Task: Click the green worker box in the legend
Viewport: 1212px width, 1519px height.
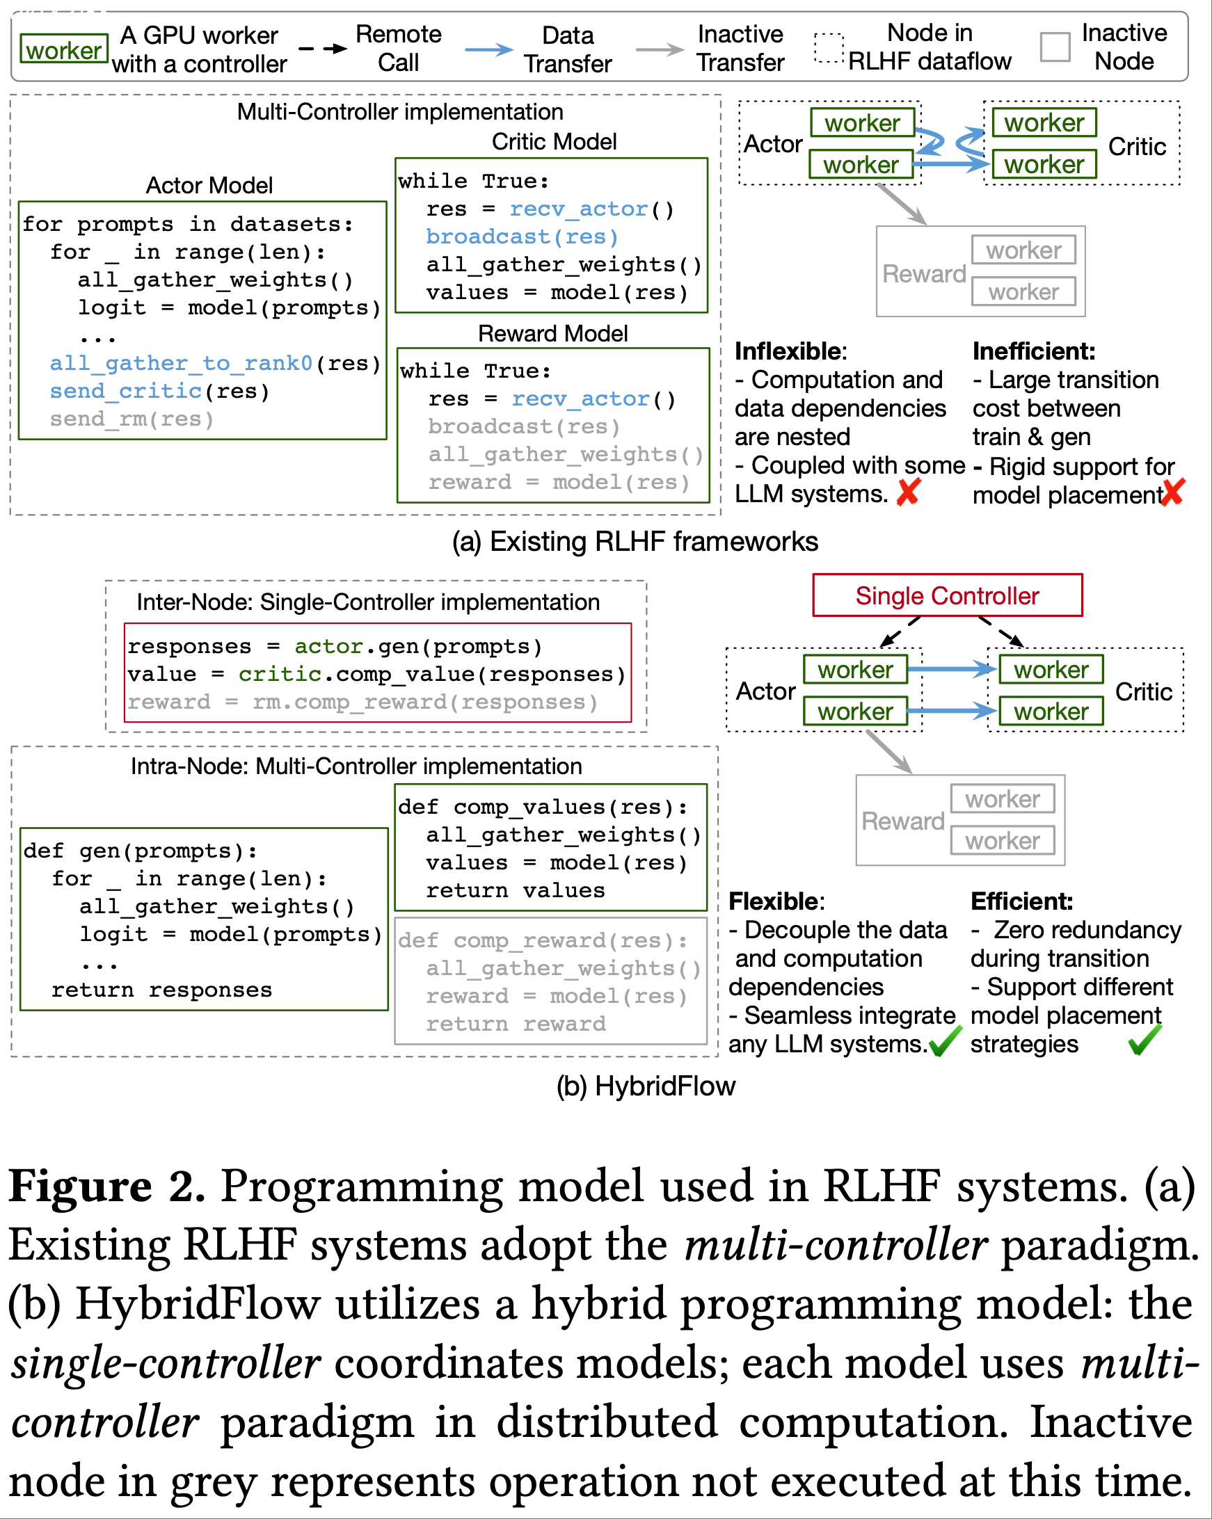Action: click(63, 49)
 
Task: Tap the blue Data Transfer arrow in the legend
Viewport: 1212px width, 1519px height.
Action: click(489, 49)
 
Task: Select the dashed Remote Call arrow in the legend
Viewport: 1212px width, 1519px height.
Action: click(323, 49)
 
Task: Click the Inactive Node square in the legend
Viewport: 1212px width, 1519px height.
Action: click(1055, 47)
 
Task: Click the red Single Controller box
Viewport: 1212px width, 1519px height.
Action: click(946, 595)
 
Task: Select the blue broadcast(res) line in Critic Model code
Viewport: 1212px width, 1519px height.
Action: click(521, 236)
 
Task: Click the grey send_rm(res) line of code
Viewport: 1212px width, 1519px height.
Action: click(131, 419)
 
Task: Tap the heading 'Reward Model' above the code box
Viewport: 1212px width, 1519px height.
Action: click(552, 333)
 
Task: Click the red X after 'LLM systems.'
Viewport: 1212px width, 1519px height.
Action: click(908, 492)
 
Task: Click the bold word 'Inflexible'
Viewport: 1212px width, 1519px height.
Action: click(789, 351)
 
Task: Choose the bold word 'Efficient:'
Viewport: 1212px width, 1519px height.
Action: click(1021, 901)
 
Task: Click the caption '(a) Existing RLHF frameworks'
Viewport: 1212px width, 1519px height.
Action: click(635, 541)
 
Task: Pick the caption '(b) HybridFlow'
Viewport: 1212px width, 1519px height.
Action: click(646, 1086)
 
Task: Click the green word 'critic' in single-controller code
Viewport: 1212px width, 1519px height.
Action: click(279, 674)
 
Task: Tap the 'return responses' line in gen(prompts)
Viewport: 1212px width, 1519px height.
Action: click(161, 990)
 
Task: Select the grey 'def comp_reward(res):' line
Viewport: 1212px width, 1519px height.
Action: click(543, 940)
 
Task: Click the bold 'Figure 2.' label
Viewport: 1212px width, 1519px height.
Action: click(106, 1187)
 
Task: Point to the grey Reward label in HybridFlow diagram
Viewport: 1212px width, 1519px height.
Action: click(902, 821)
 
